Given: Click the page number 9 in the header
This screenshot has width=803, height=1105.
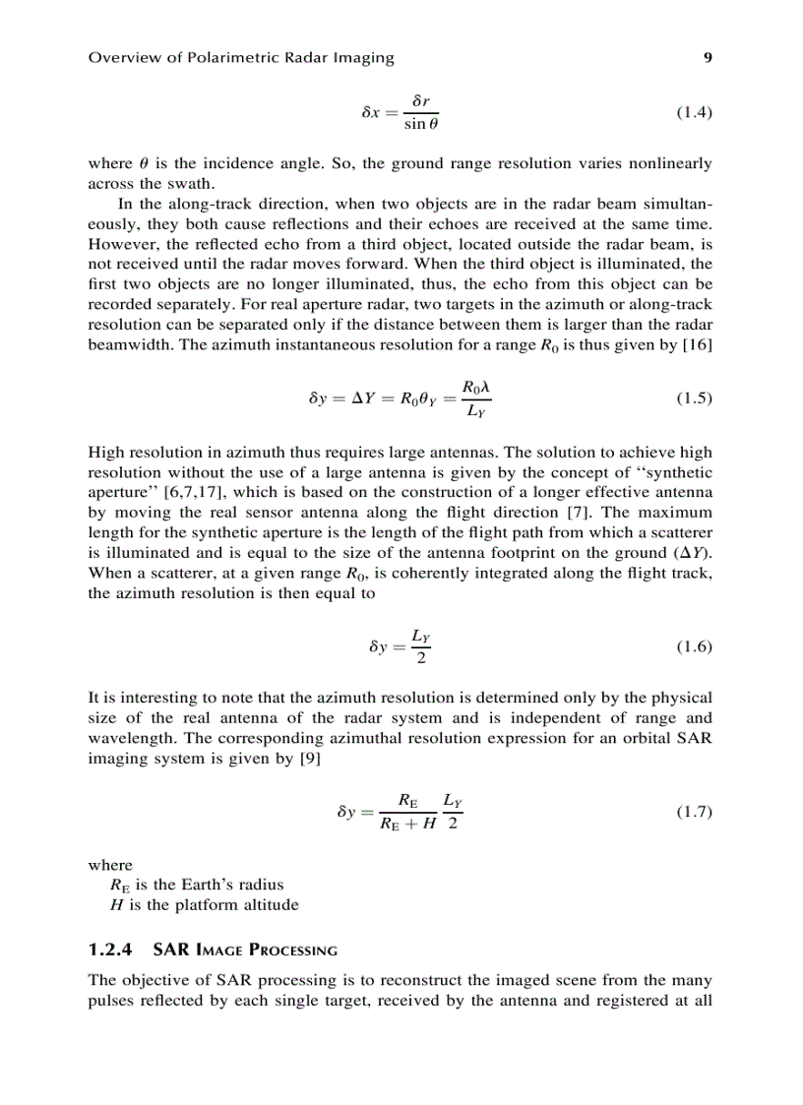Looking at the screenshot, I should click(x=708, y=57).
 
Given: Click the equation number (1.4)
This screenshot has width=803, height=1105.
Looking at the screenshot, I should click(x=694, y=112).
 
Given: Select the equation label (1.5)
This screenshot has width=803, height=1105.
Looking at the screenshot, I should click(x=694, y=399).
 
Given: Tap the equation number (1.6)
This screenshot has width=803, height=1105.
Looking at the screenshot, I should click(x=694, y=646).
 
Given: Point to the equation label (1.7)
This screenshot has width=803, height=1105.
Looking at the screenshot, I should click(x=694, y=812).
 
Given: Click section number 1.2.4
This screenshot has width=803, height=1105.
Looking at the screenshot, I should click(x=111, y=951).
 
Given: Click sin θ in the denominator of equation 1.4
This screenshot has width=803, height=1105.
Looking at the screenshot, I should click(x=420, y=125).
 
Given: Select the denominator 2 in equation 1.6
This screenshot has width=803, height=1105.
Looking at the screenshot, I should click(x=420, y=658).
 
